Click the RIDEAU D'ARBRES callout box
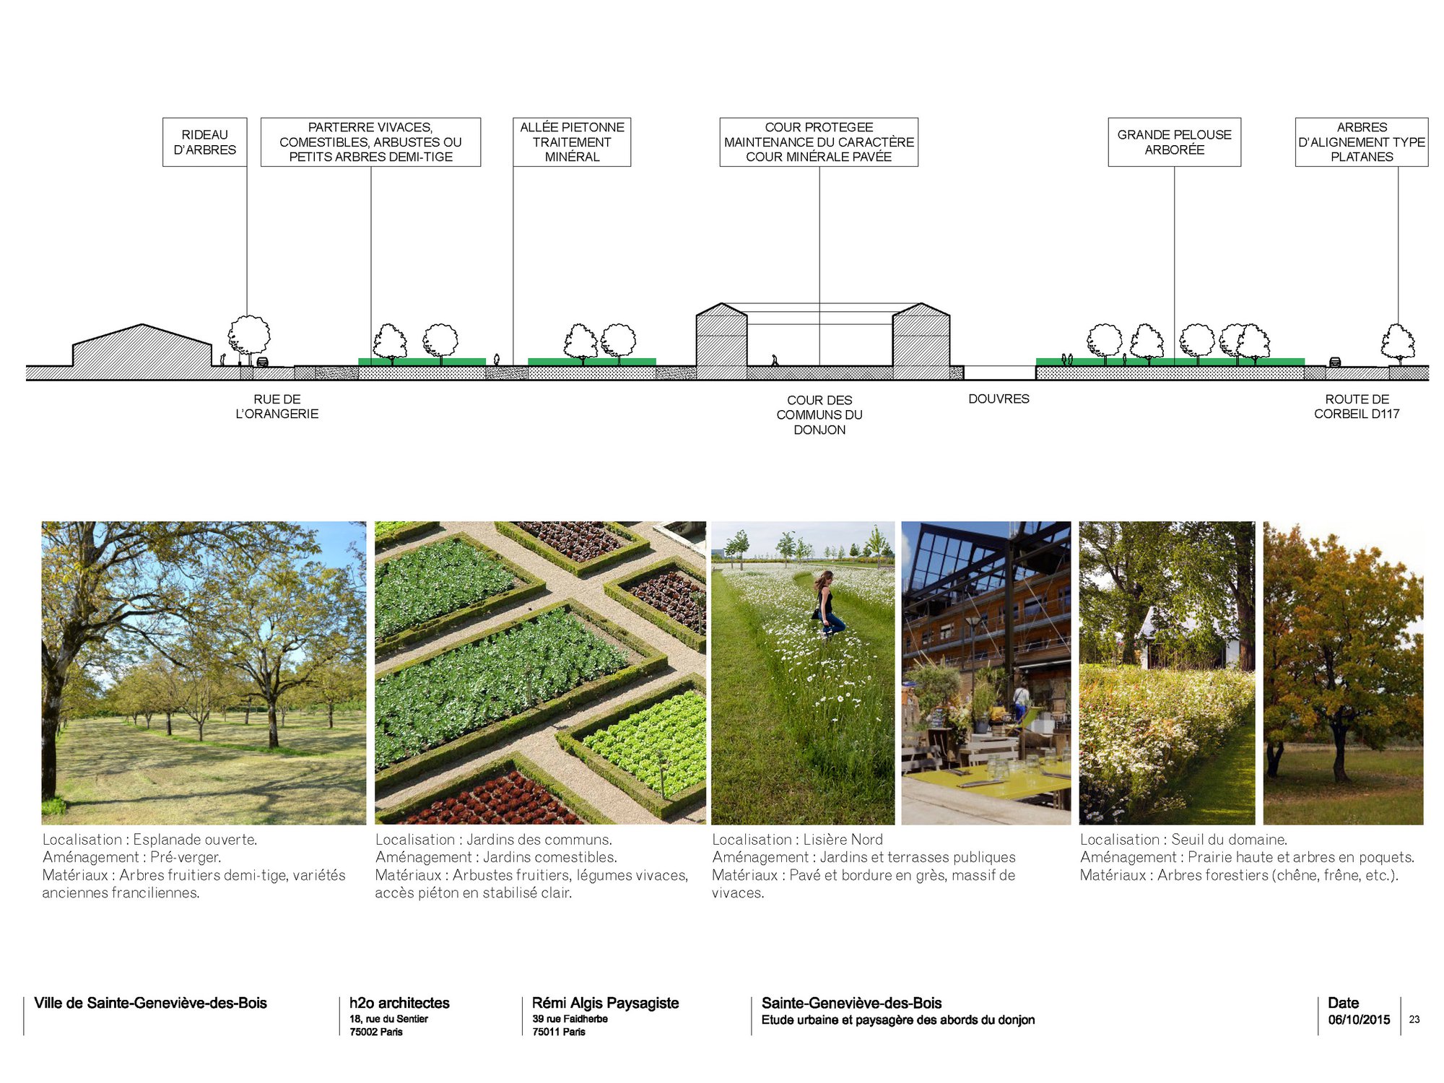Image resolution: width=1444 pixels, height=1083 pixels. click(x=204, y=142)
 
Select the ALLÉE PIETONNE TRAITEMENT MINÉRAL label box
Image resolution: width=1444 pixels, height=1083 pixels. click(x=572, y=142)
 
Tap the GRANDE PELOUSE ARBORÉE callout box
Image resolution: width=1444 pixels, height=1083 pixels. click(x=1175, y=142)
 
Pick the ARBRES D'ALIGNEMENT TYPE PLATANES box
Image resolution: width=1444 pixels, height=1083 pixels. click(x=1362, y=142)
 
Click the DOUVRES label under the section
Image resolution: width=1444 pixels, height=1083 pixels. click(x=999, y=399)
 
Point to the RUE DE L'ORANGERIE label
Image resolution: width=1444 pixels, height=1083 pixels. click(x=277, y=406)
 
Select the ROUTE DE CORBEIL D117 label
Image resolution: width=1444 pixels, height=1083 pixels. click(x=1357, y=406)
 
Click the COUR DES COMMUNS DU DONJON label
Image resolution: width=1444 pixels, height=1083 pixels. click(x=819, y=415)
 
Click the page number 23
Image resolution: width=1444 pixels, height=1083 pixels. click(x=1414, y=1019)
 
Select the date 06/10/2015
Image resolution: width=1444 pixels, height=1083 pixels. click(x=1359, y=1019)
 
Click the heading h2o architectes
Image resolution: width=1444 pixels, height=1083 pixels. click(x=399, y=1003)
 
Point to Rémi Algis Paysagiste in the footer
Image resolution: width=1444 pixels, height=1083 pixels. click(x=605, y=1003)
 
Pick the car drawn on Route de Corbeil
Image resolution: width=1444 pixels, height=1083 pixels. click(x=1335, y=362)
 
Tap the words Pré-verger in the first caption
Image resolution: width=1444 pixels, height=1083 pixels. click(x=186, y=858)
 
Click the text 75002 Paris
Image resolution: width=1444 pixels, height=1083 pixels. click(x=376, y=1032)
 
